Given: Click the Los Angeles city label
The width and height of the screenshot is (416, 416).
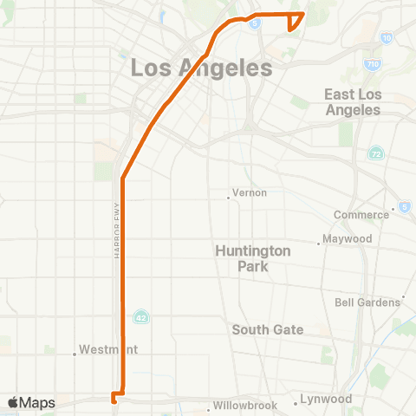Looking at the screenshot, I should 201,67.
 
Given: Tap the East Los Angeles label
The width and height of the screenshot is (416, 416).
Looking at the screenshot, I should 353,102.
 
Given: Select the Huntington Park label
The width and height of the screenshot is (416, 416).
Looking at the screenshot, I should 253,258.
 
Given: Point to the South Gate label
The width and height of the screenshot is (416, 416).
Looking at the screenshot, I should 268,329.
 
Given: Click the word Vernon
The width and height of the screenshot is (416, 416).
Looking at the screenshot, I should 250,192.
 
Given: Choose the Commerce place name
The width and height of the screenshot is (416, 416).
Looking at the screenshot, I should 362,215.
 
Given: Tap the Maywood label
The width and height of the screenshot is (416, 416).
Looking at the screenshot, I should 347,238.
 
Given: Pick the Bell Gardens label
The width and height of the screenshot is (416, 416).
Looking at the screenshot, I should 367,302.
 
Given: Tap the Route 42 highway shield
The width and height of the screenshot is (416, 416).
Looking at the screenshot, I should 141,316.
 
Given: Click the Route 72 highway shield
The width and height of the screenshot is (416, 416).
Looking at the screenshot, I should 375,153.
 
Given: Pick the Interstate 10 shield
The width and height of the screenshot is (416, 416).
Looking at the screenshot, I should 386,38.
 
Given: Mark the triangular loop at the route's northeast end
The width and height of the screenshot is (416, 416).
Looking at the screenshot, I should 295,20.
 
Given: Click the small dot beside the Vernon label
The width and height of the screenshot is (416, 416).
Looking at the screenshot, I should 228,198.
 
